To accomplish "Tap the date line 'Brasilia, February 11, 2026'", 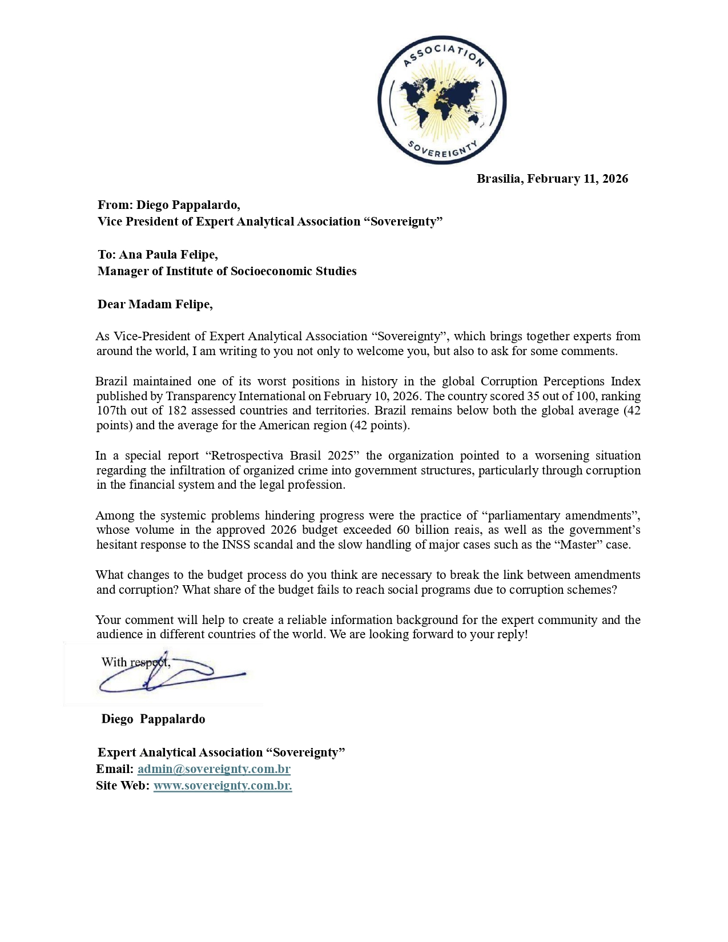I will pos(552,179).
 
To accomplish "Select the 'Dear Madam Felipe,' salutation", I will pos(155,304).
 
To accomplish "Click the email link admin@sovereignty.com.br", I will pos(214,769).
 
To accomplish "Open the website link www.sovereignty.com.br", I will pos(223,786).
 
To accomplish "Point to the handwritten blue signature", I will pos(171,677).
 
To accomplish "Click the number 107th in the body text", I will pos(111,410).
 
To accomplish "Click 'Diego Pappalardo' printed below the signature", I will pos(153,719).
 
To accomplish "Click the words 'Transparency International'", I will pos(235,396).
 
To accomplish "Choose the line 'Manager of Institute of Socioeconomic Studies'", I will pos(227,271).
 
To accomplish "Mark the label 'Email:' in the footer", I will pos(115,769).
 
